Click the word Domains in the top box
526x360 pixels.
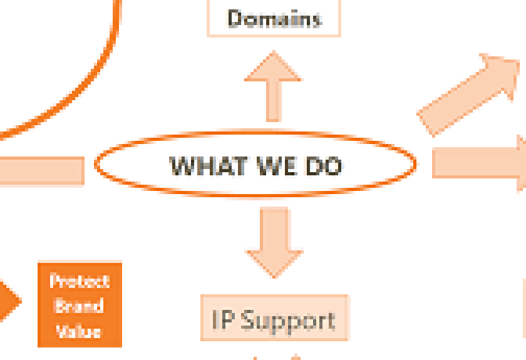pos(274,18)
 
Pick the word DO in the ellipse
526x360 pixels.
pos(323,166)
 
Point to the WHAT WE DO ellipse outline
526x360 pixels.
pos(96,165)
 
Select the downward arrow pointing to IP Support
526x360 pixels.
pos(274,241)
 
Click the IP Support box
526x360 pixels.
pos(274,319)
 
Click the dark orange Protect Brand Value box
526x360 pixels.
pos(80,304)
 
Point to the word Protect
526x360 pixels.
pos(80,280)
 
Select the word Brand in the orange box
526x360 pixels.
pos(79,306)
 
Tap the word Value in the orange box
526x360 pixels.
pos(79,330)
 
